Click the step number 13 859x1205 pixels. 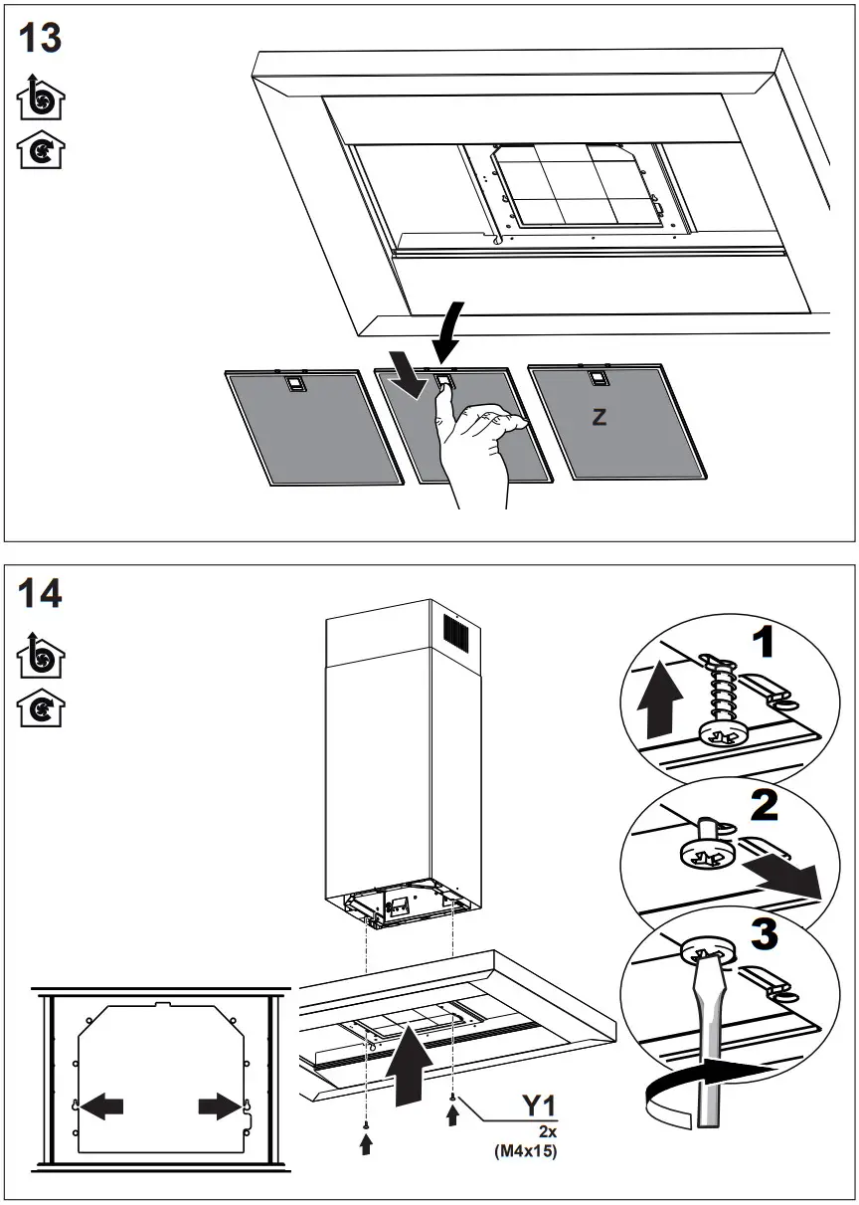click(x=40, y=39)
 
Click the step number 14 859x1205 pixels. click(x=40, y=593)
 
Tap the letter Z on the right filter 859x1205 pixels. click(x=599, y=418)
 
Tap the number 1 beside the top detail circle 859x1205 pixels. click(x=763, y=644)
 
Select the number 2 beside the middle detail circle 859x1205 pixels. click(x=764, y=804)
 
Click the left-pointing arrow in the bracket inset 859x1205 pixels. click(x=102, y=1105)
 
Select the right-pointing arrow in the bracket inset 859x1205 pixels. click(x=218, y=1105)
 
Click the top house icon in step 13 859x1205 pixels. click(x=40, y=100)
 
